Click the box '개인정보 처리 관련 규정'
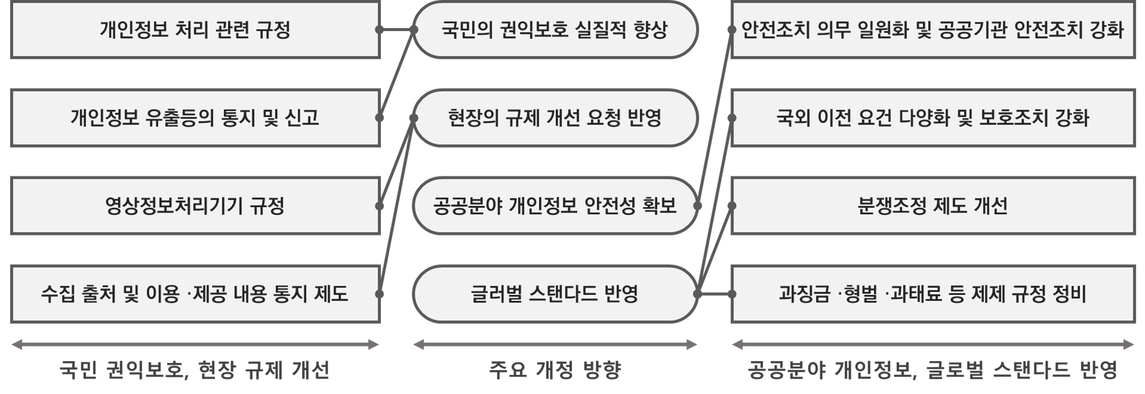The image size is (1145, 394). (195, 30)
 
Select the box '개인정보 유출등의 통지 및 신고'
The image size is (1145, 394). (195, 117)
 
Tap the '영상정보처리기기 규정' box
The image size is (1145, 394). (195, 206)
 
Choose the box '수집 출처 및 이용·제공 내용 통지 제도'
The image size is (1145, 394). (195, 293)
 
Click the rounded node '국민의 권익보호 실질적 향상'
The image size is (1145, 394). (555, 30)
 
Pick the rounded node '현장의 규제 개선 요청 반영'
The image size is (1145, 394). (555, 117)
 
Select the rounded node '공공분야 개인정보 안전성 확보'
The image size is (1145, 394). (555, 206)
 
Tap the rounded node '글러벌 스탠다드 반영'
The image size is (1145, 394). (555, 293)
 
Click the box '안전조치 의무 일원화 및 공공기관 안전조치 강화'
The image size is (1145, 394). (932, 30)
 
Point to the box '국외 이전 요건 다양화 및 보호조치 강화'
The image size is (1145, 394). (932, 117)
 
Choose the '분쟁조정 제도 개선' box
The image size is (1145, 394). (932, 206)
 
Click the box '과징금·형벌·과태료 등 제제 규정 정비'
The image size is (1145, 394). (932, 293)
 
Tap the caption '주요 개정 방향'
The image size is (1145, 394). (555, 370)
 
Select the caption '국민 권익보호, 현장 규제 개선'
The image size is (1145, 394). (195, 370)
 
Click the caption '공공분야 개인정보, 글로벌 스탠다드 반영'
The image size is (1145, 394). (932, 370)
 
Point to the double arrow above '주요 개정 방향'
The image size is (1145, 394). (555, 344)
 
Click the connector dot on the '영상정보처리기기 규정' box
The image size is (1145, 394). (380, 206)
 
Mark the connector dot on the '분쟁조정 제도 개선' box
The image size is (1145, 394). (732, 206)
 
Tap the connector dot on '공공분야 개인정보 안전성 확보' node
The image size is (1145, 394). (697, 206)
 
